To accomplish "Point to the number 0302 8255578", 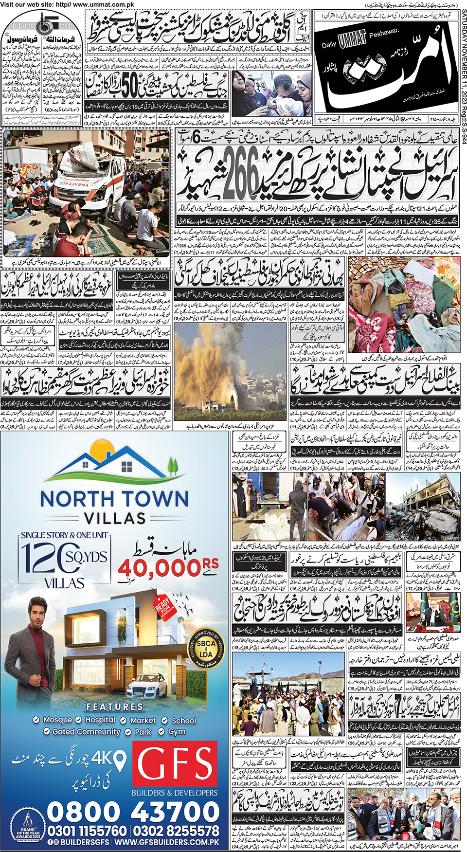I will click(x=176, y=831).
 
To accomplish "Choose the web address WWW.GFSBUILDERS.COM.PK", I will click(x=167, y=842).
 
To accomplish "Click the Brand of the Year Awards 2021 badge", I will click(x=28, y=831).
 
